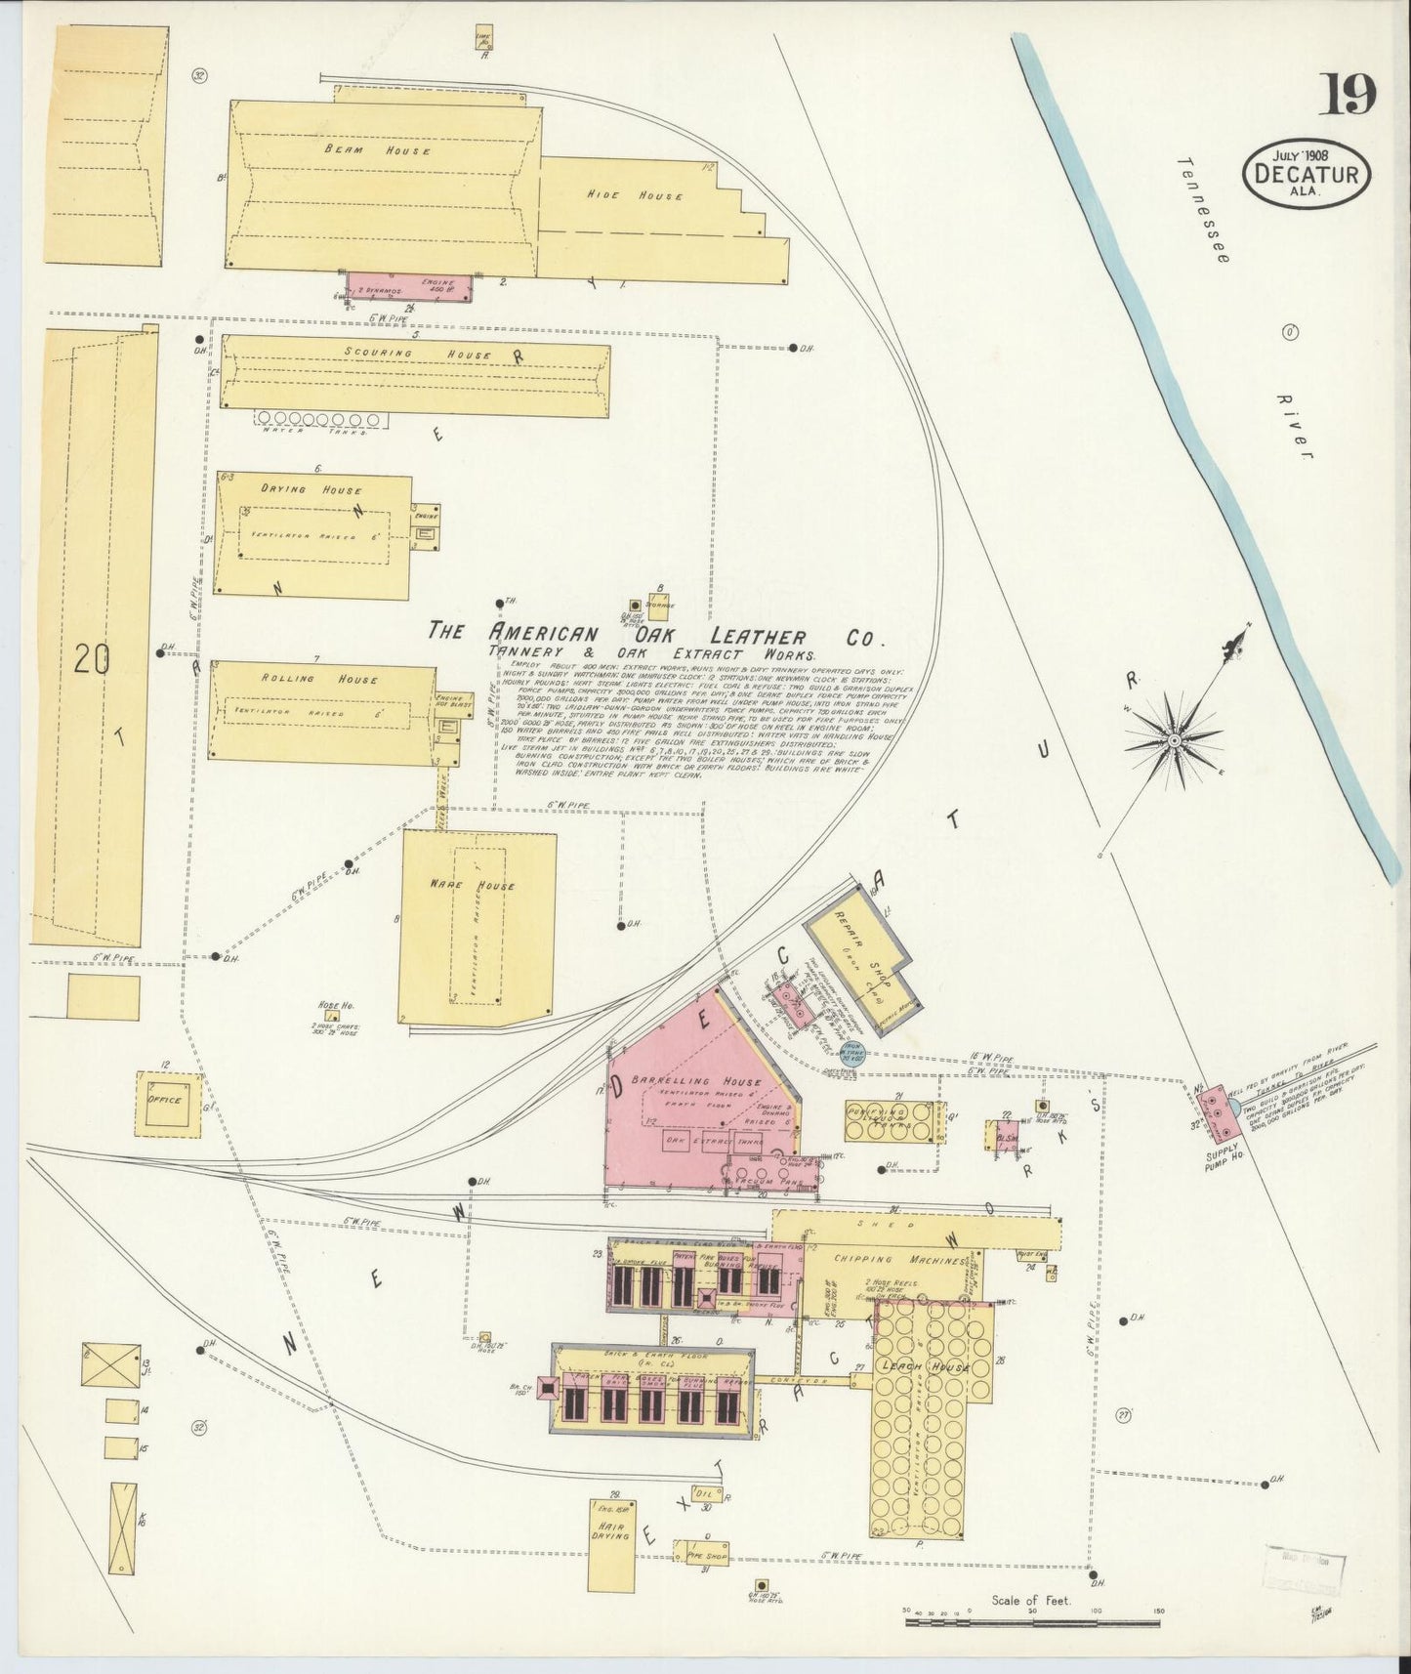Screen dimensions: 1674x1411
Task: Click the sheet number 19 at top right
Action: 1349,95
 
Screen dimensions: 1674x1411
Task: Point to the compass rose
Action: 1173,739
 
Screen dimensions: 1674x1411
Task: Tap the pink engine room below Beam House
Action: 411,287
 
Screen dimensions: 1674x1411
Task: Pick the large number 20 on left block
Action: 91,661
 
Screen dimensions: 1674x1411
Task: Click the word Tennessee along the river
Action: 1205,209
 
